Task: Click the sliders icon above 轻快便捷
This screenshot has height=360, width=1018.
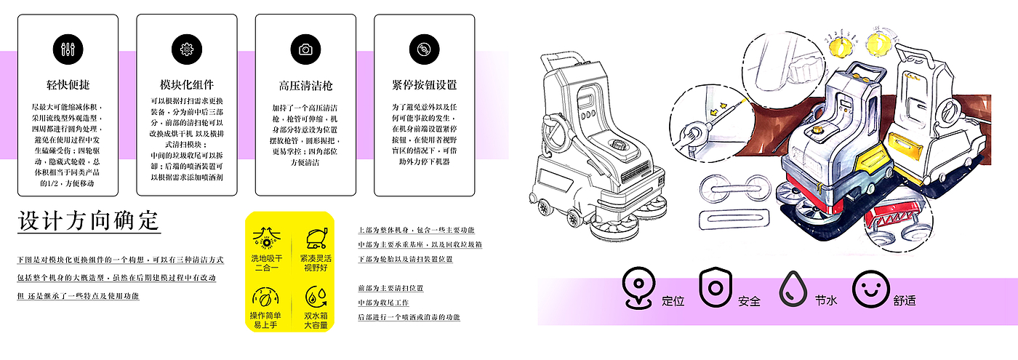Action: click(x=68, y=49)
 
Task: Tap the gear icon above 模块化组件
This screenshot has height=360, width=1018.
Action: click(x=186, y=49)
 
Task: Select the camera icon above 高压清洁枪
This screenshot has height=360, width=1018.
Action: click(x=305, y=49)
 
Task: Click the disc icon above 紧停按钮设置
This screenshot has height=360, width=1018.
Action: click(x=424, y=49)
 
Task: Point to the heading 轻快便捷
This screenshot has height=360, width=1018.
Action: click(x=68, y=85)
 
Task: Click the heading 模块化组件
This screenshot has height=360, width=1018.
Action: click(x=186, y=85)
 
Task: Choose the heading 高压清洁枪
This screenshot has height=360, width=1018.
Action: click(x=305, y=85)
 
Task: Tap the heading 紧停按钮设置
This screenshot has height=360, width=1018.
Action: click(x=424, y=85)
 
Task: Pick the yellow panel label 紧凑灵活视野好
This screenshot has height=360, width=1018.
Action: click(x=315, y=263)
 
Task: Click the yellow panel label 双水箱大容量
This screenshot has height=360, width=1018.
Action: click(x=315, y=319)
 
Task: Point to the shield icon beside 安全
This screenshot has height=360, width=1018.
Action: click(x=714, y=287)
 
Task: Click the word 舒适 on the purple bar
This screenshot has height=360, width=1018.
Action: click(x=904, y=300)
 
